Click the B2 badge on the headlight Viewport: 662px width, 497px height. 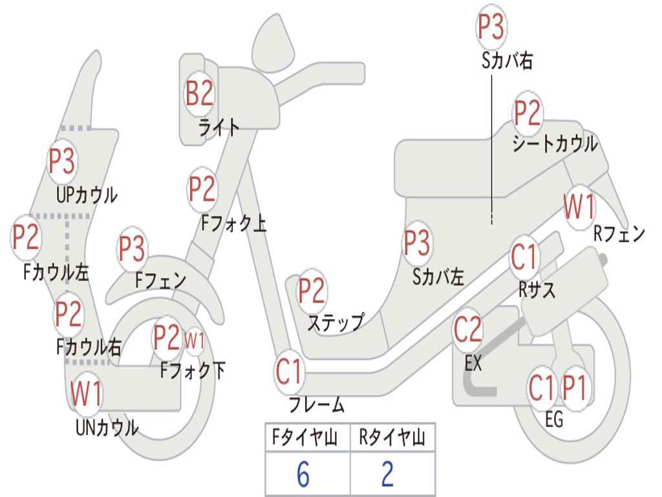[200, 93]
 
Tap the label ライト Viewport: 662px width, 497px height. [219, 127]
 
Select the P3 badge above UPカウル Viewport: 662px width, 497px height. [62, 161]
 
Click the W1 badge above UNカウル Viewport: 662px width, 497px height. [86, 393]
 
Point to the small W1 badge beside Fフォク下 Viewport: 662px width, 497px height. [195, 340]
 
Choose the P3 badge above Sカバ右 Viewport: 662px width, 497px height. [491, 27]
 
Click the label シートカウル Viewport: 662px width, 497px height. [555, 144]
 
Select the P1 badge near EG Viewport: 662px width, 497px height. [575, 388]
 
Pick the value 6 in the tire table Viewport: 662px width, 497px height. [303, 474]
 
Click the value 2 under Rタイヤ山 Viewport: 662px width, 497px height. [388, 474]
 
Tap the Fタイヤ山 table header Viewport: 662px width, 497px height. [305, 437]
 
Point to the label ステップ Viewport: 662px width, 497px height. [336, 324]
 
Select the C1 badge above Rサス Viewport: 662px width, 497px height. [524, 257]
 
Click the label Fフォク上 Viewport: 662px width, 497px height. [233, 223]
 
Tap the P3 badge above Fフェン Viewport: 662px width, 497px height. [132, 248]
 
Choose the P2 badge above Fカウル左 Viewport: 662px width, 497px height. [26, 237]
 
